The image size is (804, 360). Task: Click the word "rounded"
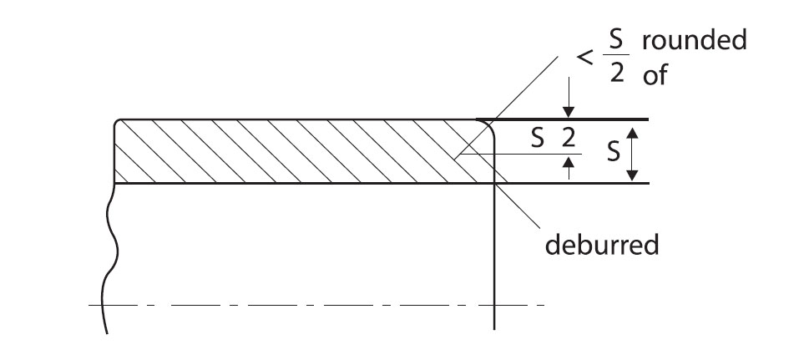tap(695, 41)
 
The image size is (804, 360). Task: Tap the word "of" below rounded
tap(655, 75)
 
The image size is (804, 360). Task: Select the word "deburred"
tap(601, 245)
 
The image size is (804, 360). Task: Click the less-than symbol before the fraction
tap(585, 58)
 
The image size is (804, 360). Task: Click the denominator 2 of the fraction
tap(617, 74)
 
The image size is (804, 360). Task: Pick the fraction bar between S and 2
tap(616, 54)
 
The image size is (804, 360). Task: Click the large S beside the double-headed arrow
tap(614, 152)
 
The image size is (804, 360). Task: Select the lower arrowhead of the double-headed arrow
tap(632, 175)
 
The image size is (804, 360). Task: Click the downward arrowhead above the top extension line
tap(568, 112)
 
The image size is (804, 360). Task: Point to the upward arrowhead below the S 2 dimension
tap(568, 163)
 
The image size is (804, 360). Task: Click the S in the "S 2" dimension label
tap(538, 139)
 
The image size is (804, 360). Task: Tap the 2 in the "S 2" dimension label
tap(568, 139)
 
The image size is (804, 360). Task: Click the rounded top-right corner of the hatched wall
tap(491, 124)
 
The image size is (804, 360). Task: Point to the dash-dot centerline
tap(316, 305)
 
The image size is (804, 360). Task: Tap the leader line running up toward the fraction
tap(507, 105)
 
